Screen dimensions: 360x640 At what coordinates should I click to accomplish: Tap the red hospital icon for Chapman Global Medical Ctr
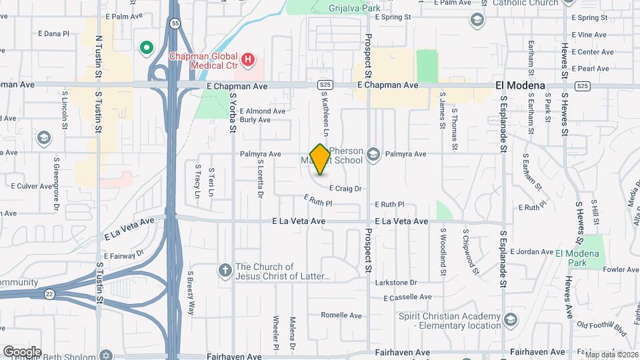coord(248,61)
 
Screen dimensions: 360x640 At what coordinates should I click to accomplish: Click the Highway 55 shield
coord(175,23)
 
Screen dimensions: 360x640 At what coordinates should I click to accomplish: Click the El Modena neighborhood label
coord(520,85)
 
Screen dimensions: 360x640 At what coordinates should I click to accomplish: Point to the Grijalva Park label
coord(354,9)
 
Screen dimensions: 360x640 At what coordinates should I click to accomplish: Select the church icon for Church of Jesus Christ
coord(225,270)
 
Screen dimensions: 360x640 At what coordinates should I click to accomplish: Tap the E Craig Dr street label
coord(345,189)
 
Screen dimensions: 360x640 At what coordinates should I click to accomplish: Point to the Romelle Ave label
coord(341,315)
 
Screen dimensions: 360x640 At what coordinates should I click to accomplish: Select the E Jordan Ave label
coord(531,252)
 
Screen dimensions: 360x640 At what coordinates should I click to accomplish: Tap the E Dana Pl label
coord(54,33)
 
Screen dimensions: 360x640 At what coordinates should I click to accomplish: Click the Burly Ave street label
coord(255,120)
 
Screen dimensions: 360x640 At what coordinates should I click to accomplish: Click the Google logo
coord(22,351)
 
